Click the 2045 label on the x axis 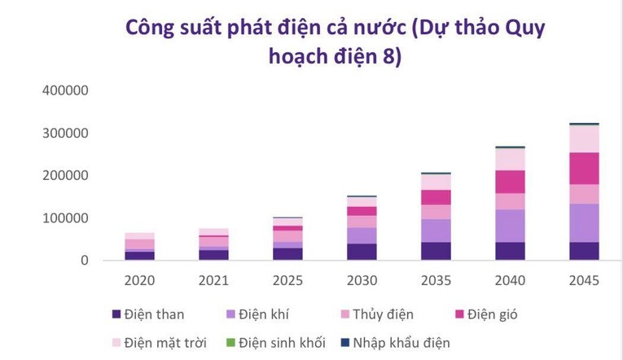click(584, 280)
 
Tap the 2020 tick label click(139, 280)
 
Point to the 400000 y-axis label click(64, 90)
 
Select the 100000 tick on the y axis click(64, 217)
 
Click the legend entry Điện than click(155, 314)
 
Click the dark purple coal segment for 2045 click(584, 251)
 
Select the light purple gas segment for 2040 click(510, 226)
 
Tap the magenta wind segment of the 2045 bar click(584, 169)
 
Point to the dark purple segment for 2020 click(139, 256)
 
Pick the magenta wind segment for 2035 click(436, 197)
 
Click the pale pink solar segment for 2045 click(584, 138)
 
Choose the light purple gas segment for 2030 click(362, 235)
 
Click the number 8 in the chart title click(392, 59)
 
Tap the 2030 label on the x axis click(362, 280)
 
